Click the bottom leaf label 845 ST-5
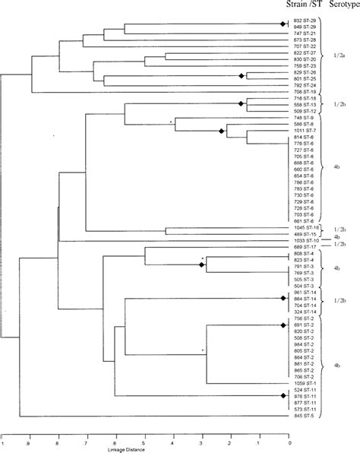[304, 416]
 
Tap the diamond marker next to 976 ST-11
[283, 395]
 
